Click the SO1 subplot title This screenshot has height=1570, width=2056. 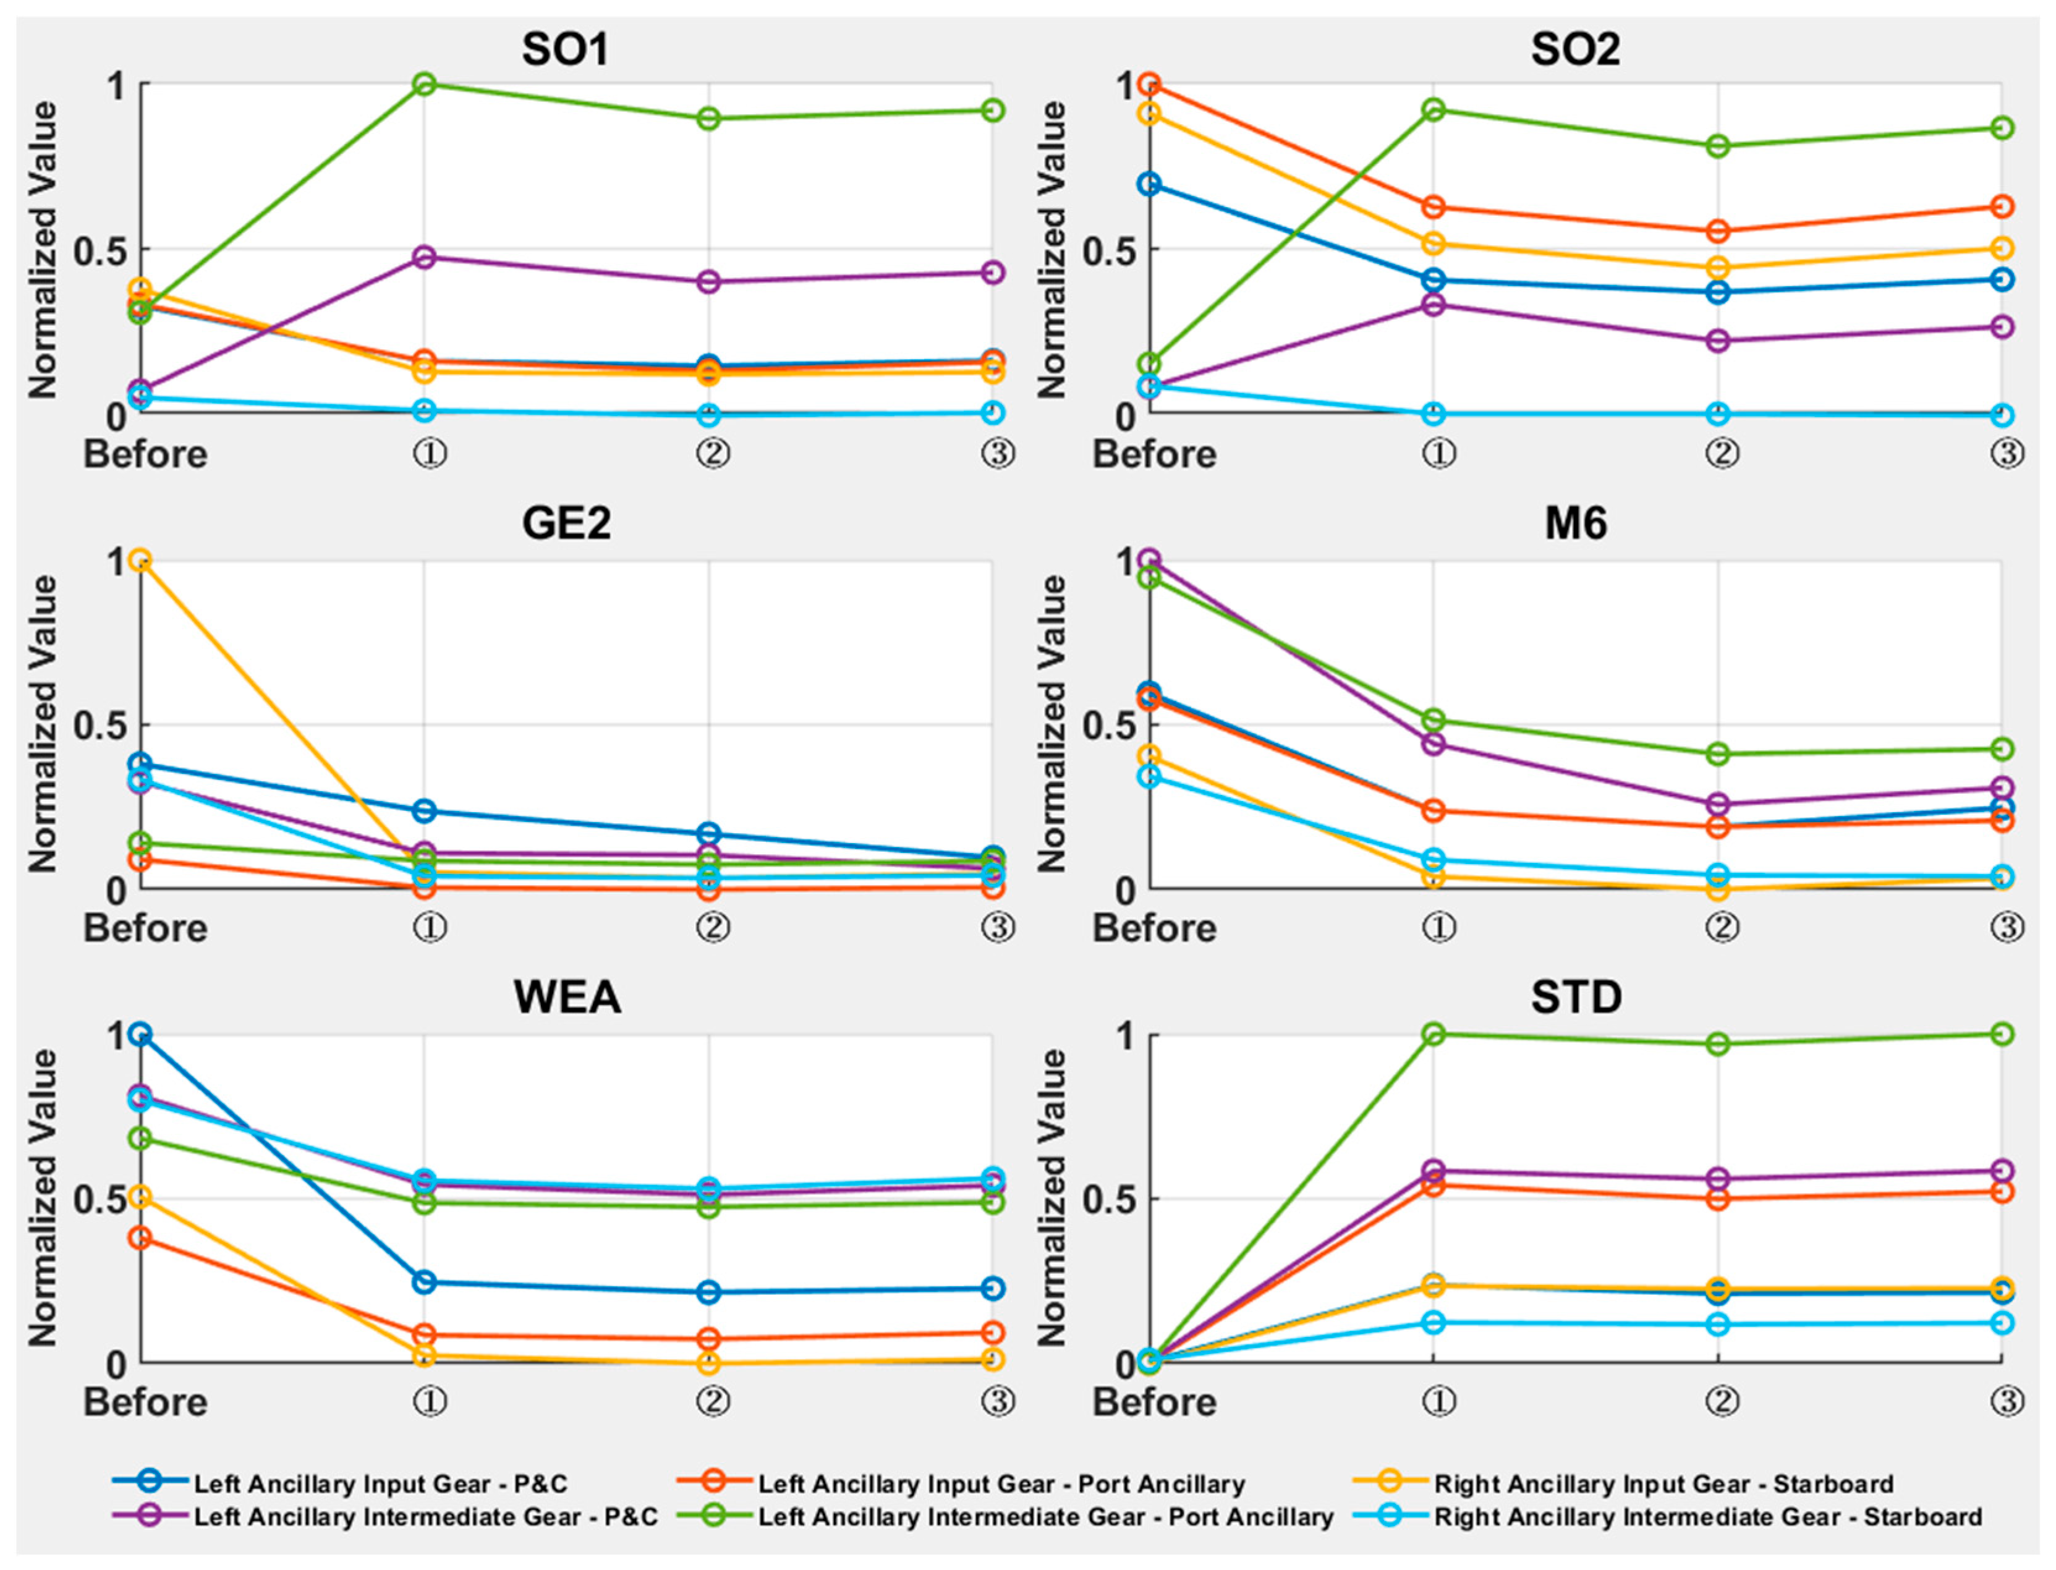tap(566, 49)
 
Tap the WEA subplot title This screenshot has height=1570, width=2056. tap(567, 997)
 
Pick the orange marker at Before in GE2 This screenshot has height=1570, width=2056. tap(140, 561)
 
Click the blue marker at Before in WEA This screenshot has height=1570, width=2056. tap(140, 1035)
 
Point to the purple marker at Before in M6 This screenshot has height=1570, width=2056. tap(1150, 560)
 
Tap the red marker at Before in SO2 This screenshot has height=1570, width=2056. tap(1150, 84)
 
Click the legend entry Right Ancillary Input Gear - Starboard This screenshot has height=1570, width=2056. tap(1663, 1484)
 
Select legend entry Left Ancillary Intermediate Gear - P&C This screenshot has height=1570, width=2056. tap(425, 1517)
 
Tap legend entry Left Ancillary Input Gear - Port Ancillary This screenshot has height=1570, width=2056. tap(1001, 1484)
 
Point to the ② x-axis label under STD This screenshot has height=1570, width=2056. tap(1722, 1402)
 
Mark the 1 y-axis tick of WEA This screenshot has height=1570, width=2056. tap(116, 1035)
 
